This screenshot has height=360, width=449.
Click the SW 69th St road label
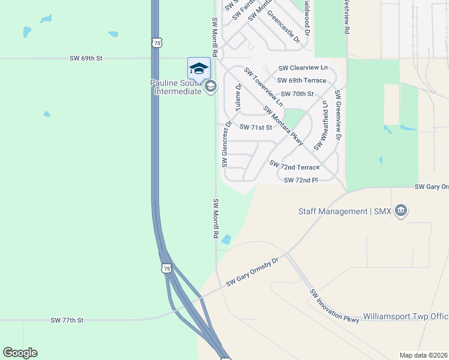point(86,58)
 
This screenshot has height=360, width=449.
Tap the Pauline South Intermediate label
point(175,87)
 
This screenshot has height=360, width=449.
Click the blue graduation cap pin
point(199,69)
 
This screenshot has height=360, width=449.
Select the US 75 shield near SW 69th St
point(156,43)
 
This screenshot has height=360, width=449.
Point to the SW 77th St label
point(68,321)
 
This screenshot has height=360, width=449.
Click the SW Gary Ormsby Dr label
point(253,272)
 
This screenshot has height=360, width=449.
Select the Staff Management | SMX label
point(345,211)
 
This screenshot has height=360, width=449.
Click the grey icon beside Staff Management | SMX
point(401,211)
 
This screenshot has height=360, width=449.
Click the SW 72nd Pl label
point(301,180)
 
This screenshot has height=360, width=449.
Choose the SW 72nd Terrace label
point(295,164)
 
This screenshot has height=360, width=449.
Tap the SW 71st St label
point(256,127)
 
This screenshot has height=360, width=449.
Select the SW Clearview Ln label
point(303,68)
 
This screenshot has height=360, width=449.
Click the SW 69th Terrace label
point(301,80)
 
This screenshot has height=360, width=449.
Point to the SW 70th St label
point(296,94)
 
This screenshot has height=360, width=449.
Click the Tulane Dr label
point(238,98)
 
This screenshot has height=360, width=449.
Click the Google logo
point(20,353)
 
